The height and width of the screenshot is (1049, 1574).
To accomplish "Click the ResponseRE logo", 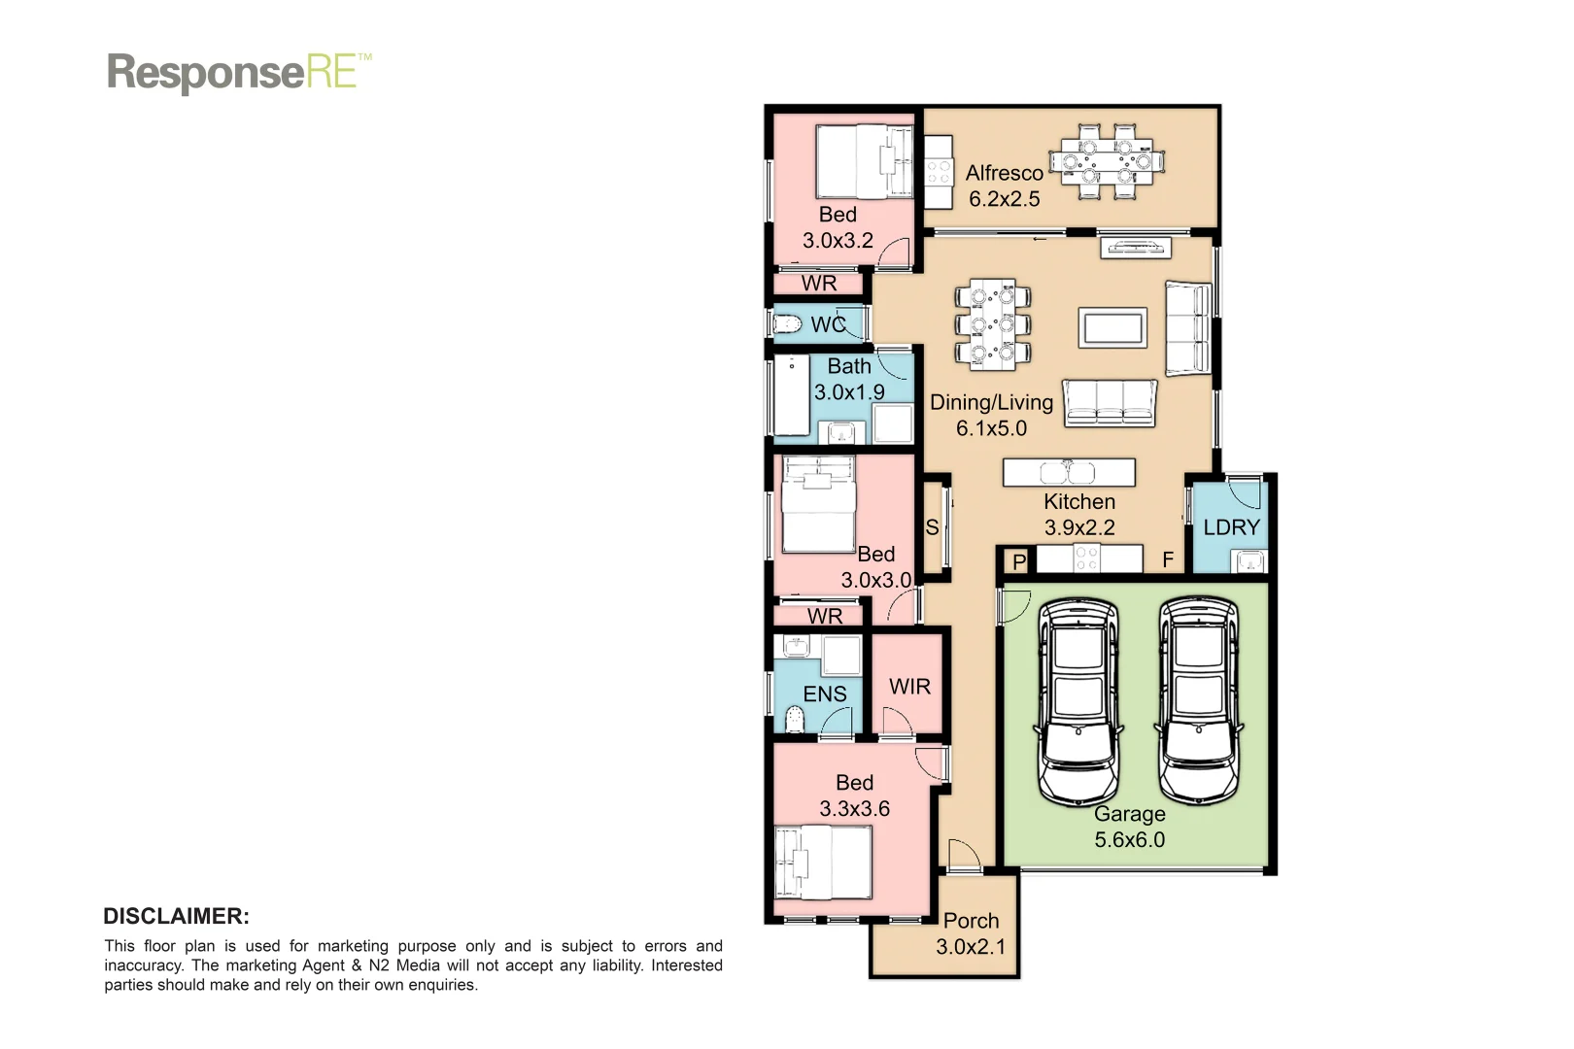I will (x=238, y=73).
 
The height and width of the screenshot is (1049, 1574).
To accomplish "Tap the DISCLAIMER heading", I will (x=176, y=916).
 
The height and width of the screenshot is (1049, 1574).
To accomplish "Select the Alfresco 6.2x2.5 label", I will (x=1004, y=186).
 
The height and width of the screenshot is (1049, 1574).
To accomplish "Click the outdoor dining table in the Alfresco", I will (x=1107, y=162).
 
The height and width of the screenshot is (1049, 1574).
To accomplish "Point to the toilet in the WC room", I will (x=786, y=323).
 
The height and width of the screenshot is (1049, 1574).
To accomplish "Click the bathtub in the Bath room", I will (x=791, y=394).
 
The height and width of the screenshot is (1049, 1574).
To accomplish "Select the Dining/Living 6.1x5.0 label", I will (x=991, y=415).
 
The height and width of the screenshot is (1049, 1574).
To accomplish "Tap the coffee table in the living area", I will (x=1112, y=327).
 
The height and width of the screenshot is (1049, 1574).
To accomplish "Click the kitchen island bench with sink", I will (x=1069, y=472).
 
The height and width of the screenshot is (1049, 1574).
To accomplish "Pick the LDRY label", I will (x=1231, y=527).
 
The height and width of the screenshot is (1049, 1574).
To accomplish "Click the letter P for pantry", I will (x=1019, y=561).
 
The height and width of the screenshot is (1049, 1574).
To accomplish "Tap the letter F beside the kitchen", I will (x=1168, y=559).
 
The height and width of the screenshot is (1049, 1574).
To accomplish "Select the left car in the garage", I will (x=1078, y=699).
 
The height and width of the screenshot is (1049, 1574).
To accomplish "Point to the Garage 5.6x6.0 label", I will (x=1129, y=827).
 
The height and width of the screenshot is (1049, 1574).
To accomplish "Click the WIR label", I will (x=909, y=687).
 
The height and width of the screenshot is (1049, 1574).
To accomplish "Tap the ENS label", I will (x=824, y=694).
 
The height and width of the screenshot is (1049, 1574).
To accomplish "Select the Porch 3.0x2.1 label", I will (x=971, y=932).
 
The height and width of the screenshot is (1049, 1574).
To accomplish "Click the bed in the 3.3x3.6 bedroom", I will (x=823, y=863).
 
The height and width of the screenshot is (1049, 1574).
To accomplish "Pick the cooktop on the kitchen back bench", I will (x=1086, y=558).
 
